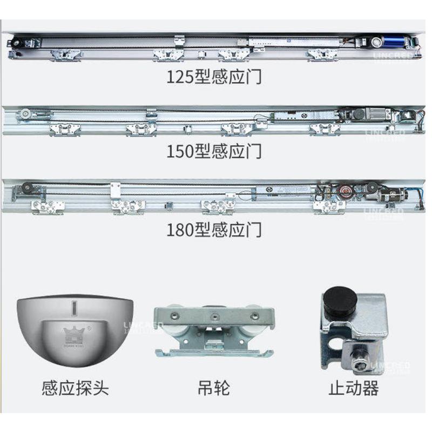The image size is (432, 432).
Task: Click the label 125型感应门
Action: pyautogui.click(x=214, y=77)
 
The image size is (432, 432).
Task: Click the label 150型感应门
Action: pyautogui.click(x=214, y=151)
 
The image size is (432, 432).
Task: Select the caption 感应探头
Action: pyautogui.click(x=75, y=388)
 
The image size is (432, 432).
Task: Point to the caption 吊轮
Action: pyautogui.click(x=214, y=388)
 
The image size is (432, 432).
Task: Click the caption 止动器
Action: pyautogui.click(x=354, y=388)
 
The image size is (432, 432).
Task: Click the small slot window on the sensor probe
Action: pyautogui.click(x=75, y=309)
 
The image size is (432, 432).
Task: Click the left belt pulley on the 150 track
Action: pyautogui.click(x=25, y=114)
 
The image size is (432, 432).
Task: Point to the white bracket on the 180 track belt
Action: pyautogui.click(x=114, y=190)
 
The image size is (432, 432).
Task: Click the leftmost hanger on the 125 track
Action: pyautogui.click(x=65, y=55)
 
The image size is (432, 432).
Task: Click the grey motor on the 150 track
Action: pyautogui.click(x=373, y=113)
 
